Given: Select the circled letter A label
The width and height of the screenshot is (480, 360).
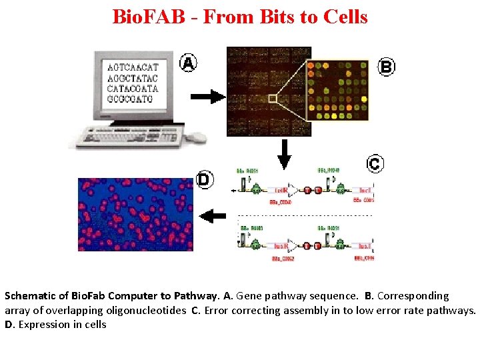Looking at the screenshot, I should [x=189, y=63].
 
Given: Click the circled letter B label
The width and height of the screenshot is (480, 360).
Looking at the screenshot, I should [x=386, y=66].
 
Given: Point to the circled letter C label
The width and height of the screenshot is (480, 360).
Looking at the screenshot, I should [x=375, y=163].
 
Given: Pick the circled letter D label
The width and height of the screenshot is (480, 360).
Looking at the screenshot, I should [x=204, y=179].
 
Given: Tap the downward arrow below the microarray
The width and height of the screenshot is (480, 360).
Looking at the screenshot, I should [x=284, y=154].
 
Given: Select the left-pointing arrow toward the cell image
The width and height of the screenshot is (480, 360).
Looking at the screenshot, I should [x=213, y=215].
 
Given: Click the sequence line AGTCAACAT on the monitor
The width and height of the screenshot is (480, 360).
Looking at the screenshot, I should [x=133, y=67].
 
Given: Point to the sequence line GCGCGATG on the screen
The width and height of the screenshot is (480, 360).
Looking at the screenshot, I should [x=130, y=99].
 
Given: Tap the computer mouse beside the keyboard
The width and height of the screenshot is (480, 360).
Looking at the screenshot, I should [x=196, y=137].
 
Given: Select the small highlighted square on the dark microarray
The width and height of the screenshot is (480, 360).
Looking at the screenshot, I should [x=272, y=98].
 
